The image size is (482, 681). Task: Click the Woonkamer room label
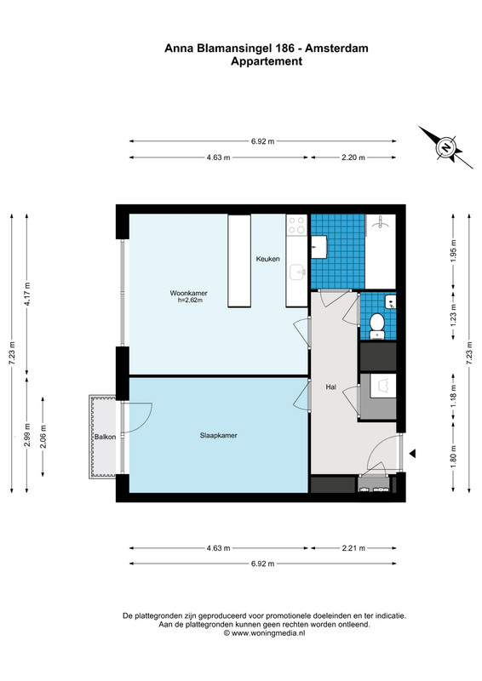tap(189, 293)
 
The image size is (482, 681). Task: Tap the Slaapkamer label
tap(219, 435)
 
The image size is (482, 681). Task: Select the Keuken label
tap(267, 259)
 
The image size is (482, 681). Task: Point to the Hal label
tap(330, 386)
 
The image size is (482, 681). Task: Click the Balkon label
tap(106, 437)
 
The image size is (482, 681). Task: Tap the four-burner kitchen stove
tap(297, 226)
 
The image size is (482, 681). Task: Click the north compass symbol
tap(445, 147)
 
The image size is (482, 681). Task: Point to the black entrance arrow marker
tap(412, 454)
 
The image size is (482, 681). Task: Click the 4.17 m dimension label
tap(27, 294)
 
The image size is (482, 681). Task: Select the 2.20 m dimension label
tap(353, 157)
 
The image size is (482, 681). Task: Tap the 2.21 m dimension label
tap(353, 548)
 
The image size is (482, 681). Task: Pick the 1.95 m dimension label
tap(453, 252)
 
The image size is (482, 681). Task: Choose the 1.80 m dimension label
tap(453, 457)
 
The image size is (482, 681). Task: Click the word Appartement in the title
tap(267, 61)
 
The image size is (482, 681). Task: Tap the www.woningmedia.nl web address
tap(268, 633)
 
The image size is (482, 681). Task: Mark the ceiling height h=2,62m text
tap(191, 300)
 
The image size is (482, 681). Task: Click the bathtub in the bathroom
tap(381, 251)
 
